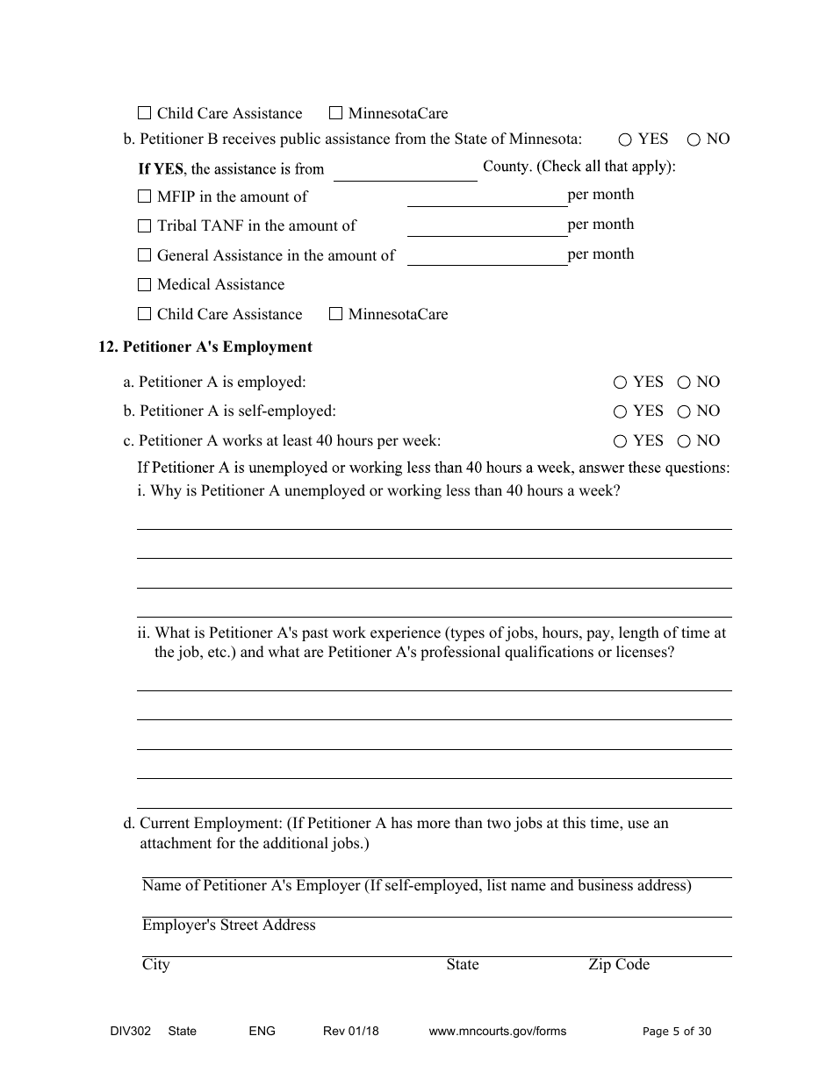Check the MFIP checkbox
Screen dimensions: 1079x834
[x=145, y=197]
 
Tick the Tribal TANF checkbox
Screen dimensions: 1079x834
[x=145, y=226]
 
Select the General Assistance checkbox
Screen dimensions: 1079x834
[x=145, y=255]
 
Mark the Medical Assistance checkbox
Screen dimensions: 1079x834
[x=145, y=285]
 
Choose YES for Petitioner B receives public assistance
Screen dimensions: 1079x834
[x=625, y=139]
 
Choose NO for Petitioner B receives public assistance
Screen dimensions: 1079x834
[x=694, y=139]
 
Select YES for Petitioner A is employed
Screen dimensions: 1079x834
[x=620, y=382]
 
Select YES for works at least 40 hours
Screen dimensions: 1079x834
[x=620, y=441]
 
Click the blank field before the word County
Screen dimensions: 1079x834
[x=405, y=171]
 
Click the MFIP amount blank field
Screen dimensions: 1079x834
[x=486, y=197]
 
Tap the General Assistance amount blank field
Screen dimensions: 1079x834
[x=486, y=257]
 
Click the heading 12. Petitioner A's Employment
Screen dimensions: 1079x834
[x=205, y=347]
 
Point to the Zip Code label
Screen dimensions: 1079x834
[x=619, y=965]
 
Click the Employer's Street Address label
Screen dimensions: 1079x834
[x=228, y=925]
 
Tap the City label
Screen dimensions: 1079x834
[x=155, y=965]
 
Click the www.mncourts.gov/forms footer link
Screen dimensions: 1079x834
[x=497, y=1032]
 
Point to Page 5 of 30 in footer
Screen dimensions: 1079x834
[x=677, y=1032]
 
